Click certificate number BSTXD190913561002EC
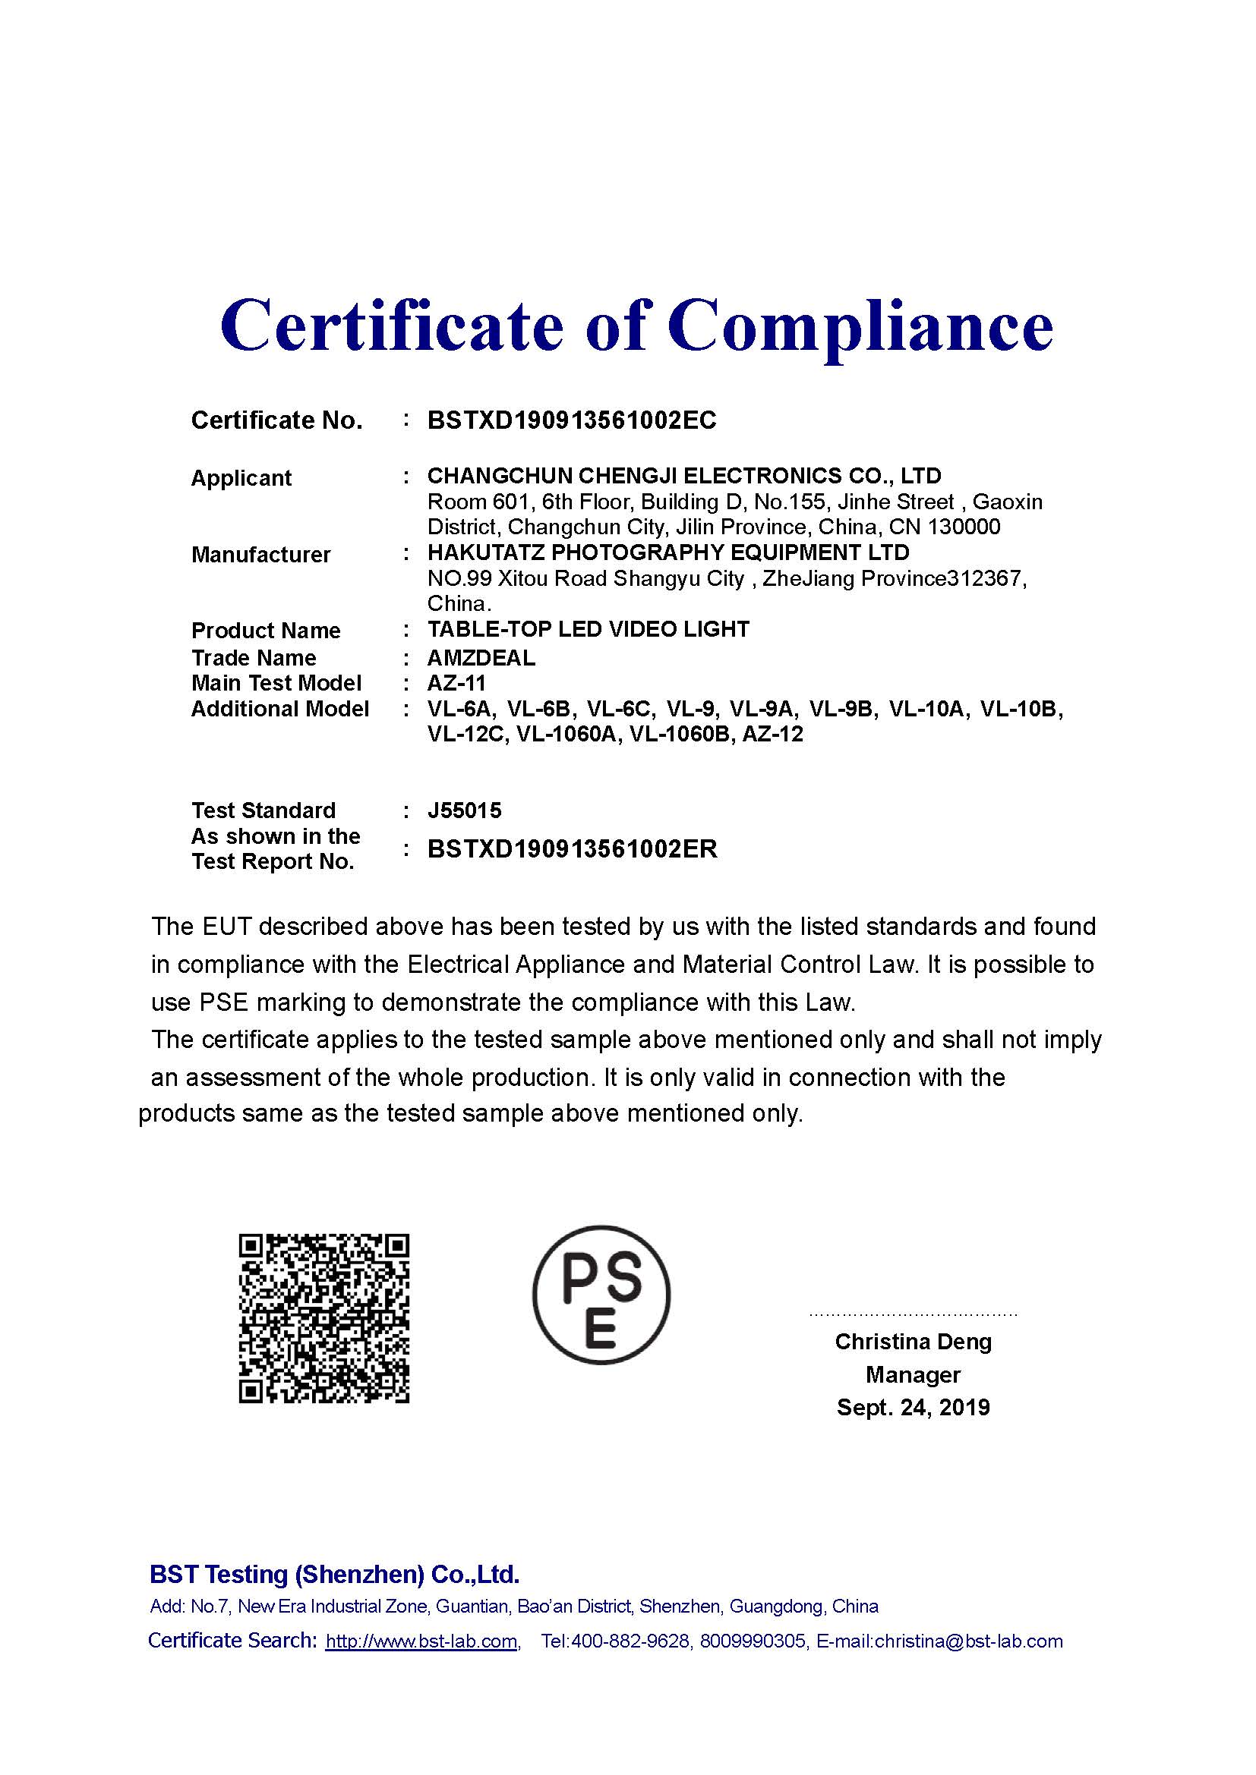click(572, 420)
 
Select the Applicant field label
click(241, 478)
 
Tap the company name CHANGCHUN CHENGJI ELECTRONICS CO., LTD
click(683, 476)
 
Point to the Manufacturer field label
click(260, 554)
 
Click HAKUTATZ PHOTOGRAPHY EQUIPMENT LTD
click(668, 552)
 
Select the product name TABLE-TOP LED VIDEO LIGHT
click(588, 629)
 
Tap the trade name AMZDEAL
click(481, 658)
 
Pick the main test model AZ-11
click(456, 684)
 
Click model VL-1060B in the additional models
click(680, 735)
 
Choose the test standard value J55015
click(464, 810)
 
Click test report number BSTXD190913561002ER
click(573, 850)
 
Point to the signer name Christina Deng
click(913, 1341)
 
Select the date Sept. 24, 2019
click(913, 1407)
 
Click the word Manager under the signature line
click(913, 1374)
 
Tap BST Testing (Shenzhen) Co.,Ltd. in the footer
click(334, 1575)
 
